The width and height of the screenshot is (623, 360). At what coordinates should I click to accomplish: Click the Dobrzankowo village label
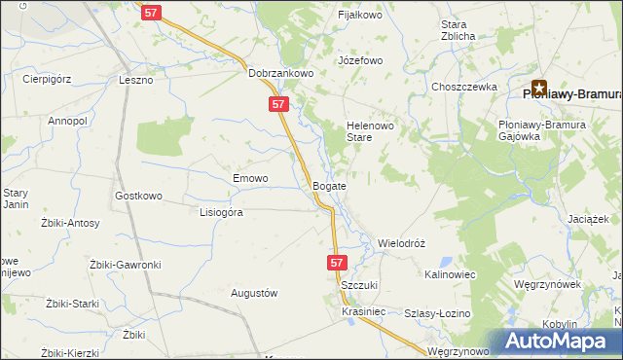277,72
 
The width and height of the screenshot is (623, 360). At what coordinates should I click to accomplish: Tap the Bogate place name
329,184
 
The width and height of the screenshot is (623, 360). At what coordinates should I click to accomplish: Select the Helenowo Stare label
369,131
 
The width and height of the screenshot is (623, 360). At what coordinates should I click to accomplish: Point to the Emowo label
250,178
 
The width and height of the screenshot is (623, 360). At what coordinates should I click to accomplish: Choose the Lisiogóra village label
220,211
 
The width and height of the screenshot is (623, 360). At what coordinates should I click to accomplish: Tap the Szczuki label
358,284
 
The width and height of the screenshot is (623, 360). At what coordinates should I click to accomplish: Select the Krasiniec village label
365,311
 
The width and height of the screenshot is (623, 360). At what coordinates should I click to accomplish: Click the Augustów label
254,293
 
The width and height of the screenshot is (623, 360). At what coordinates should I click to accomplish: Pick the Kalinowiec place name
450,275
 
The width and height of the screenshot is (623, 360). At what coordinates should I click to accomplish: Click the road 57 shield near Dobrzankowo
278,103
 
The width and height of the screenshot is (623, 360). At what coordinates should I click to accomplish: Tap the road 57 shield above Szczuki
336,263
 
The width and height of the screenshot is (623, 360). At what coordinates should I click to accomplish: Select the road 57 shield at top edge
150,13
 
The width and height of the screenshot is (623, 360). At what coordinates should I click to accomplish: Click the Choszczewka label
464,87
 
